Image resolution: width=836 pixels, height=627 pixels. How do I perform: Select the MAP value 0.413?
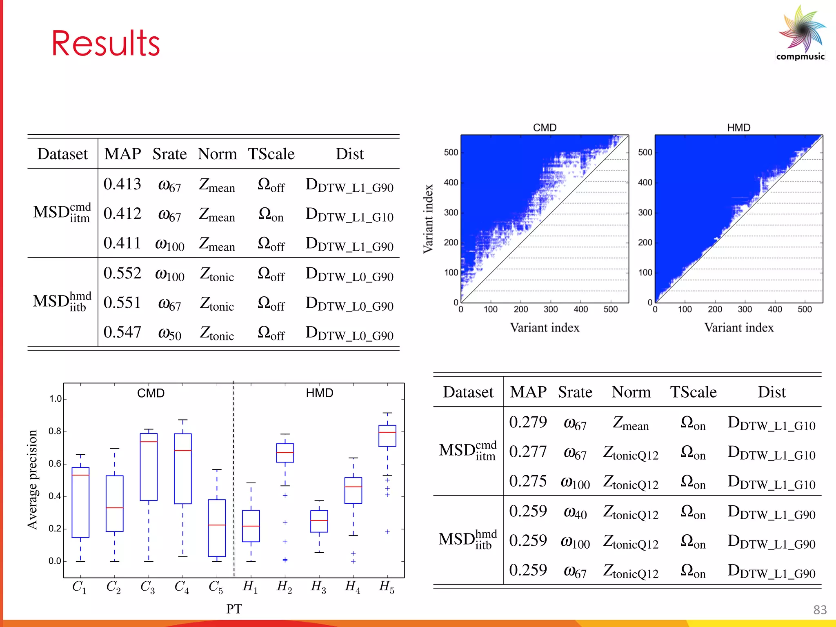pos(122,184)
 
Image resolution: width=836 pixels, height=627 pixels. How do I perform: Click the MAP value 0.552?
pos(122,273)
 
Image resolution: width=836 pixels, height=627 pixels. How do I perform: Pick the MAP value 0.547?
pos(122,332)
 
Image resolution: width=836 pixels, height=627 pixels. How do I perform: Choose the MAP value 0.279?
pos(528,422)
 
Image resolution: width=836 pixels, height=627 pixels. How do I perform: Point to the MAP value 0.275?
pos(528,481)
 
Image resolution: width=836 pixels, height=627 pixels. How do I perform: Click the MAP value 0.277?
pos(528,452)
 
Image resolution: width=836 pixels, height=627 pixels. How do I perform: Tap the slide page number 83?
pos(820,610)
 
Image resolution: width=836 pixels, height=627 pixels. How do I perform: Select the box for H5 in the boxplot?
pos(387,436)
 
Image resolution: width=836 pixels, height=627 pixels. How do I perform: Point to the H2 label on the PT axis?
pos(285,587)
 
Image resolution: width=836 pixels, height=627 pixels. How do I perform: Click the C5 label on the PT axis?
pos(216,587)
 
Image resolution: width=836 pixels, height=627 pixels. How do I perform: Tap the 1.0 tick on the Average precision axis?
pos(56,399)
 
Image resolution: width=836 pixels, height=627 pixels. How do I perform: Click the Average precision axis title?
pos(32,480)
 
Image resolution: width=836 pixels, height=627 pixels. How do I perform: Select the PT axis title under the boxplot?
pos(234,609)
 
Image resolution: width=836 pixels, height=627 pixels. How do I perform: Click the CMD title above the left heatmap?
pos(545,128)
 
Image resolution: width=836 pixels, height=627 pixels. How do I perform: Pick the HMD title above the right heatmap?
pos(738,128)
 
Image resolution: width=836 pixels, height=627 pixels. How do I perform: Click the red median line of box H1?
pos(251,526)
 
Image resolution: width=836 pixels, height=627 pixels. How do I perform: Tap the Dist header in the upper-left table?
pos(349,154)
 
